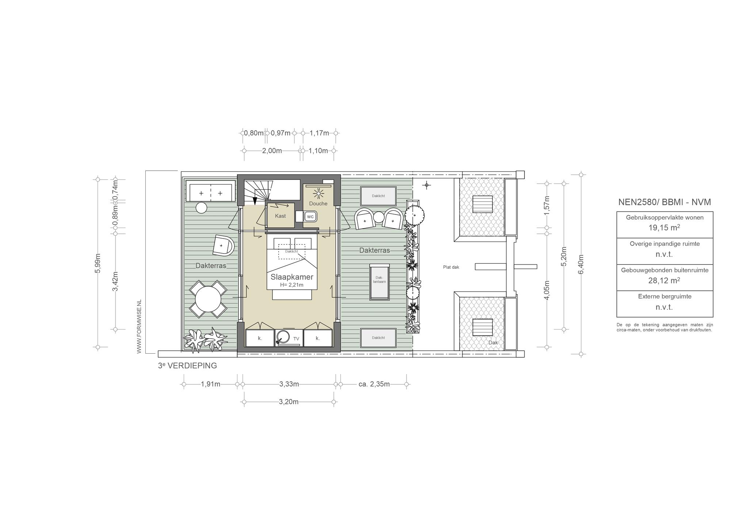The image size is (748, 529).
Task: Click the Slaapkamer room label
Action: point(292,277)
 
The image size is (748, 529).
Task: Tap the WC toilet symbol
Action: point(310,217)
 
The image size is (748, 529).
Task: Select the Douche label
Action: point(318,203)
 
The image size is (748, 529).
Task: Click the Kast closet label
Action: point(280,216)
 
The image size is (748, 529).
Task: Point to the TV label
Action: point(296,339)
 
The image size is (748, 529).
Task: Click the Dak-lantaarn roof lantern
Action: point(380,281)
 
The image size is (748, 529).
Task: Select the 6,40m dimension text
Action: point(581,264)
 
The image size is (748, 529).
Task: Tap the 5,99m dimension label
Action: point(98,263)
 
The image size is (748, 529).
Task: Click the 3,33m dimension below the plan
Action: point(289,384)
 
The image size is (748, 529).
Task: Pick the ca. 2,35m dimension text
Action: point(374,384)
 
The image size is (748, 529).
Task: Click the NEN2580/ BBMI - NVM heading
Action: point(665,202)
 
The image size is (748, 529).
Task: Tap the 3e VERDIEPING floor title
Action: point(187,365)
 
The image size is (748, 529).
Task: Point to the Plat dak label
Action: point(451,267)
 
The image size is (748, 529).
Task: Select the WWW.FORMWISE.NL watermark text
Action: point(139,326)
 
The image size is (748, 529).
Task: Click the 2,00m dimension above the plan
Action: point(272,151)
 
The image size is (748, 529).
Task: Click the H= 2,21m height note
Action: point(292,285)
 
